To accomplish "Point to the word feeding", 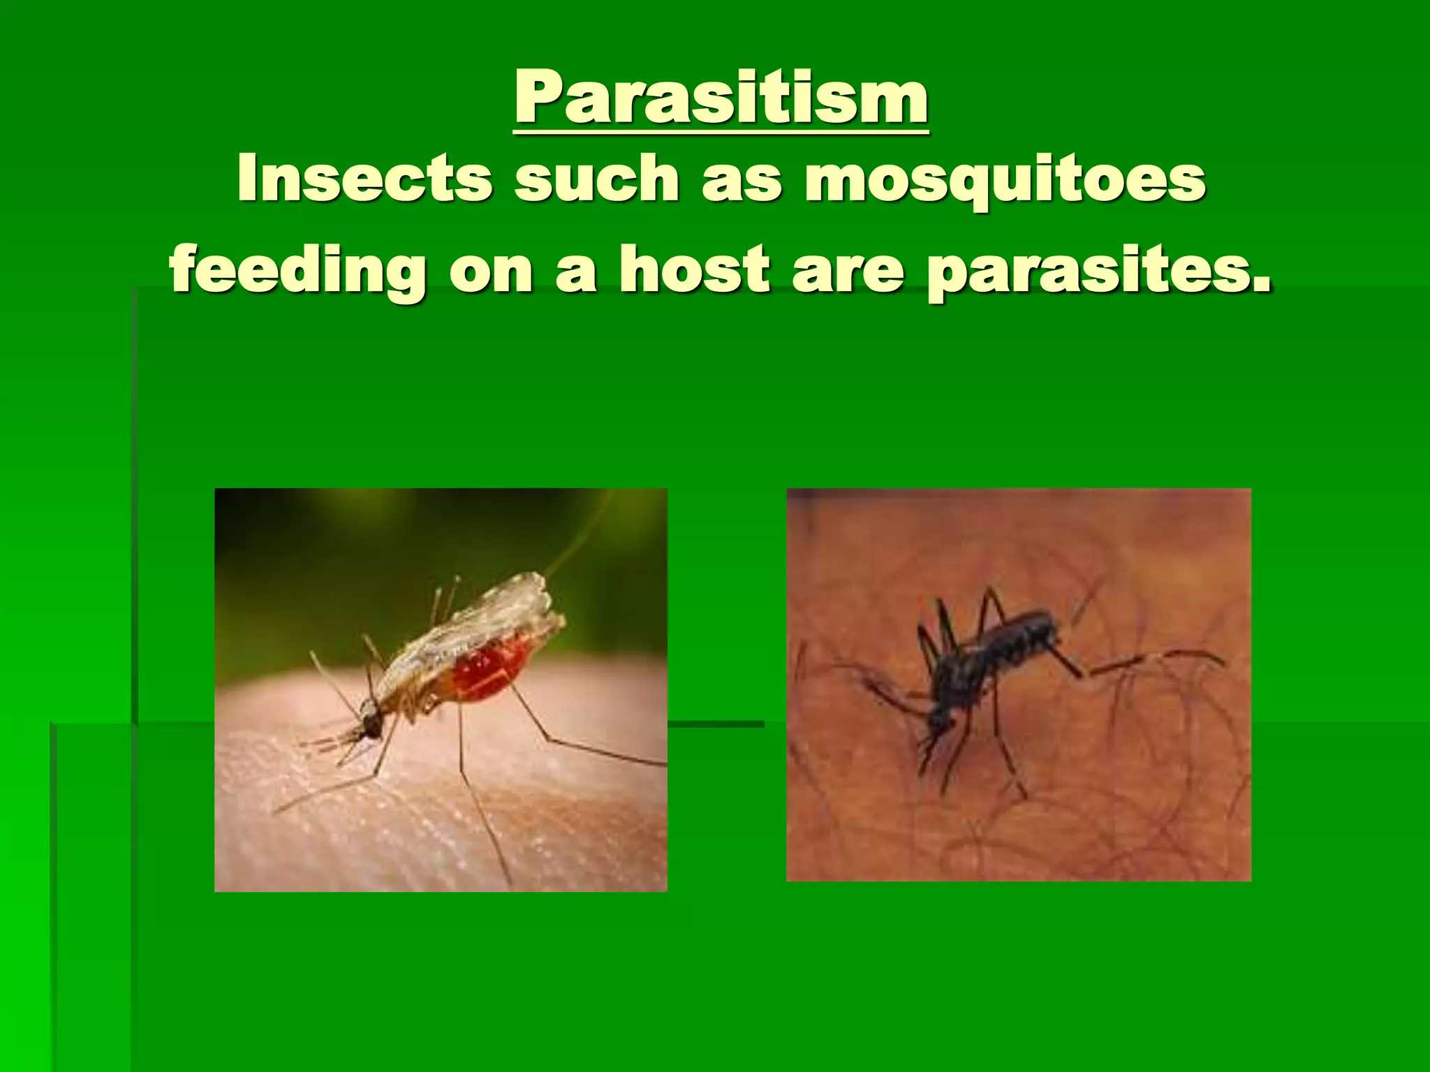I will pyautogui.click(x=297, y=272).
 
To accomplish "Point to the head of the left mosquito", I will pyautogui.click(x=369, y=726).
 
